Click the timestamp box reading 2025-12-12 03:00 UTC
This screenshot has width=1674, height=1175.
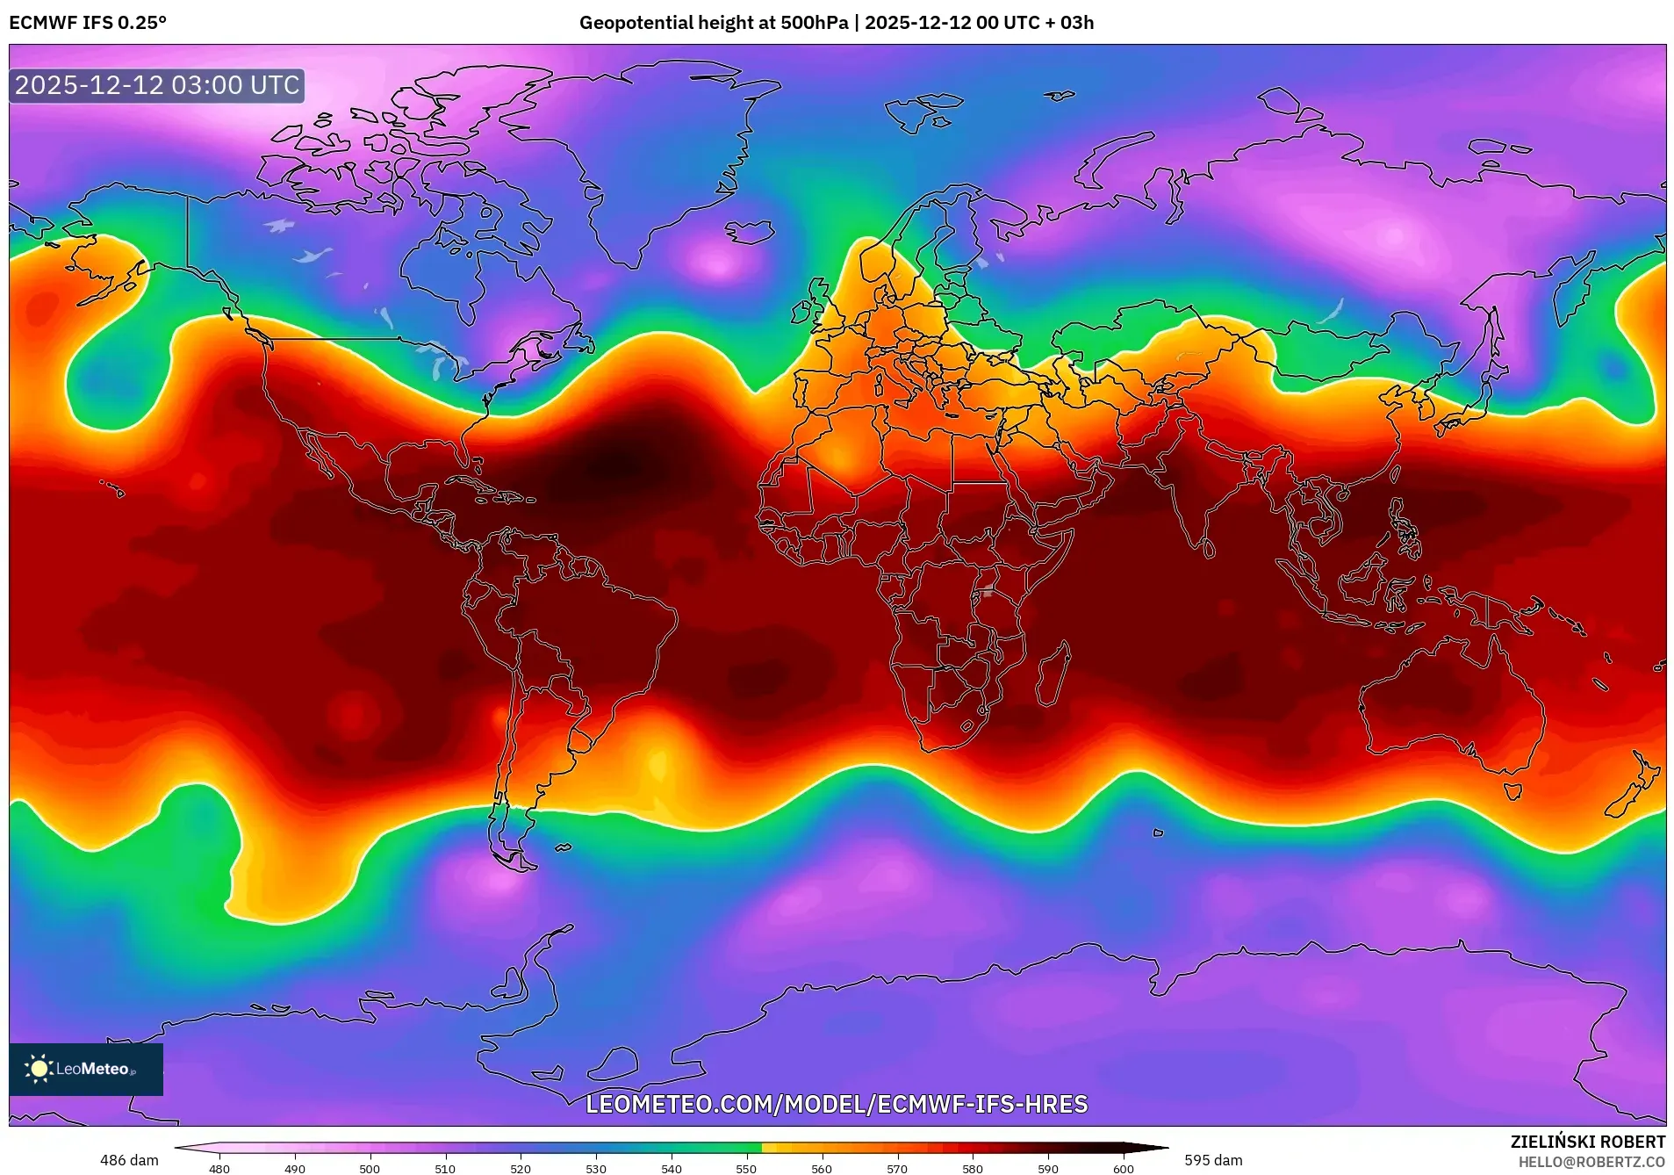pyautogui.click(x=157, y=86)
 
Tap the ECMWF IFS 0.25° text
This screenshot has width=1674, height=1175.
pyautogui.click(x=88, y=23)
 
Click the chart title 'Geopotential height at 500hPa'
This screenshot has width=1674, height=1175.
pyautogui.click(x=713, y=23)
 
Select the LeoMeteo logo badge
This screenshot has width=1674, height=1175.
pyautogui.click(x=86, y=1069)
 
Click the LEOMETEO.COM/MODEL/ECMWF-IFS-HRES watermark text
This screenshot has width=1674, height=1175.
pyautogui.click(x=837, y=1104)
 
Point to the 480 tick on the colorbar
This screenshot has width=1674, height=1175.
pyautogui.click(x=219, y=1168)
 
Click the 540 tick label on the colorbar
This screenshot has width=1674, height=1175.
pyautogui.click(x=672, y=1168)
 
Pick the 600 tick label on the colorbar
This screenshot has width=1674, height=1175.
pyautogui.click(x=1124, y=1168)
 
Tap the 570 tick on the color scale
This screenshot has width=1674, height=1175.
pyautogui.click(x=897, y=1168)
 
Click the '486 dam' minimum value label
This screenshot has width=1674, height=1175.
pyautogui.click(x=129, y=1160)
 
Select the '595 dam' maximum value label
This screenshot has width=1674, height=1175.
pyautogui.click(x=1213, y=1160)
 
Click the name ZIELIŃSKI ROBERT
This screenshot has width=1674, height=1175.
pyautogui.click(x=1587, y=1142)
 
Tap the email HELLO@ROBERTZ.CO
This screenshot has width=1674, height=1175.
pyautogui.click(x=1591, y=1162)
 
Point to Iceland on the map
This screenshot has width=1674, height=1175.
pyautogui.click(x=749, y=232)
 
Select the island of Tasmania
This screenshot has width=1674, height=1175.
pyautogui.click(x=1512, y=791)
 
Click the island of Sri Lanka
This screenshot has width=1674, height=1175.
pyautogui.click(x=1209, y=549)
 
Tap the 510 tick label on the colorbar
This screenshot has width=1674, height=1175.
pyautogui.click(x=445, y=1168)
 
